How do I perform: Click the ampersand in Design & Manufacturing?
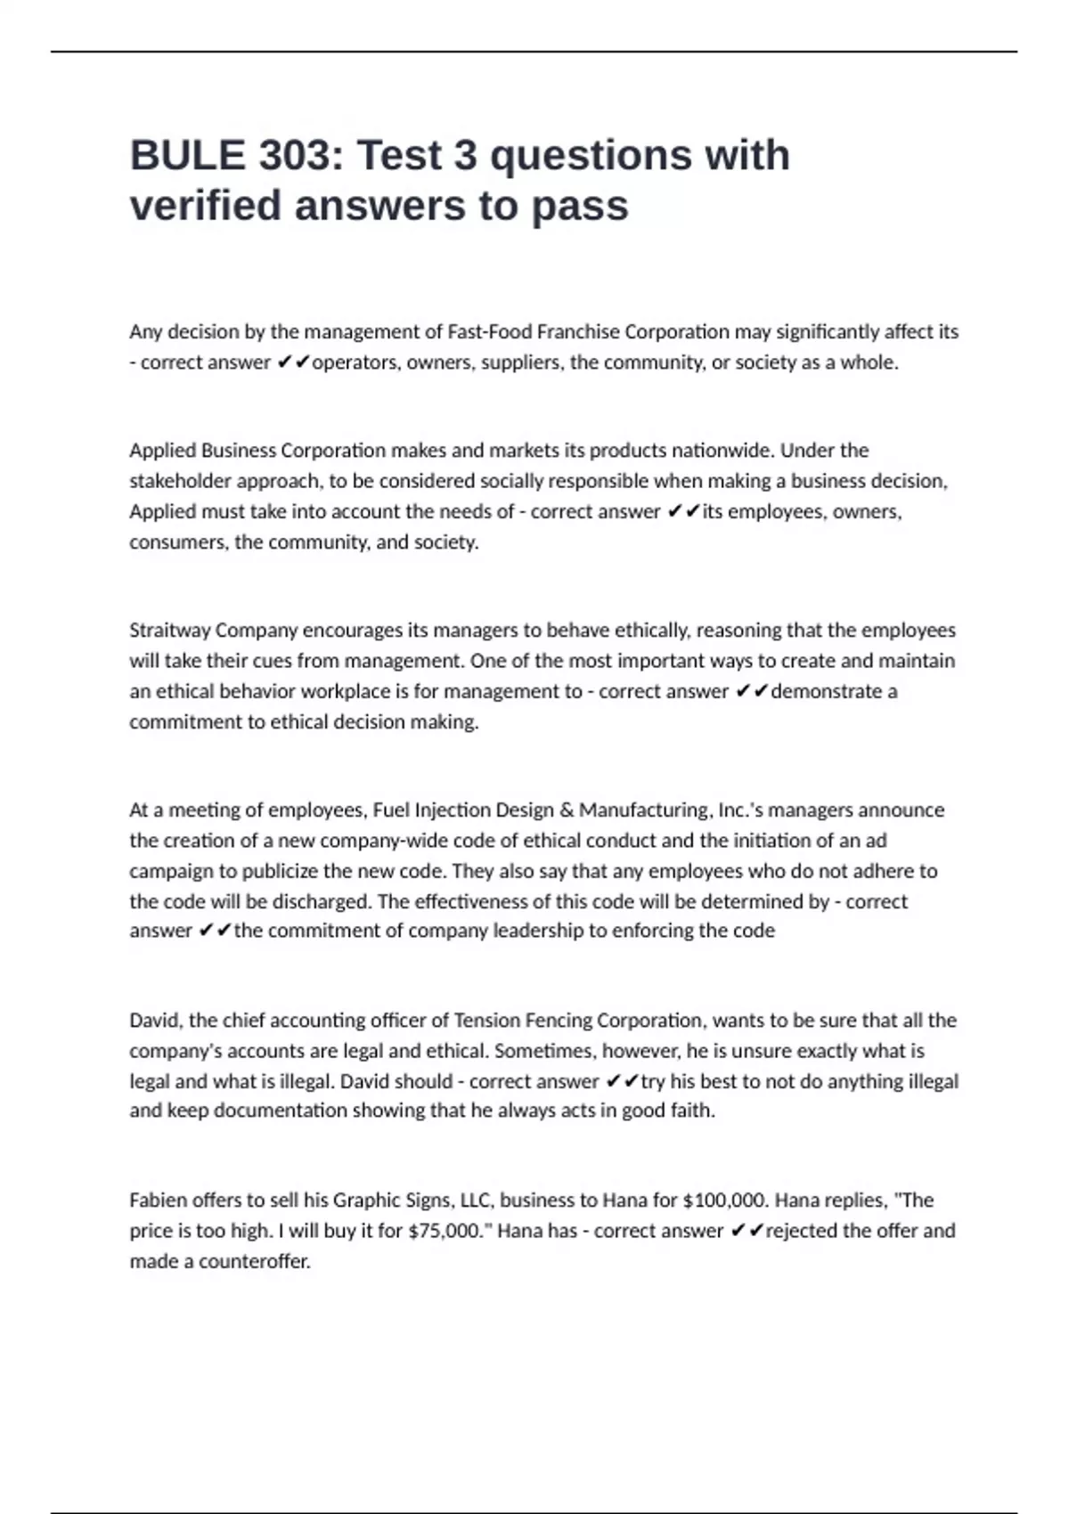coord(567,810)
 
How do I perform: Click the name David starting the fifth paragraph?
coord(154,1021)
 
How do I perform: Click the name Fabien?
coord(158,1201)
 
